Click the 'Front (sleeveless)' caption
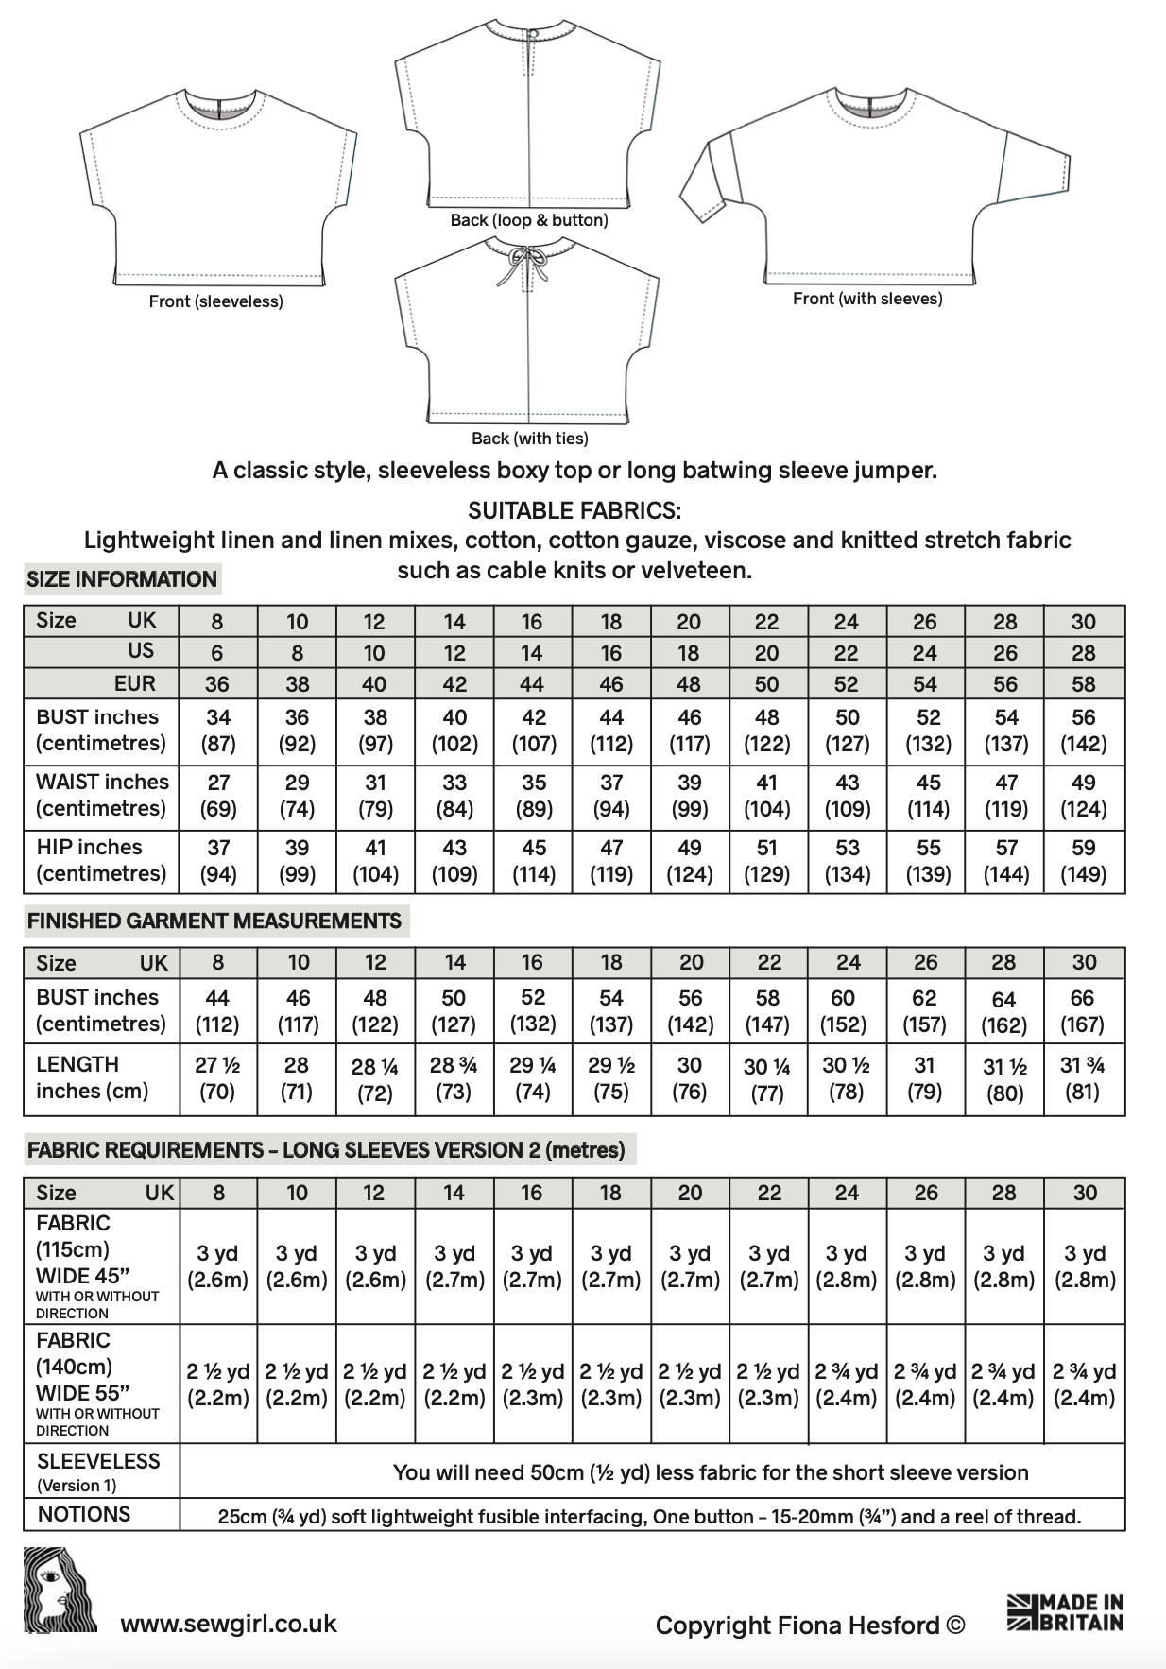pyautogui.click(x=215, y=301)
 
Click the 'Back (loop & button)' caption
pyautogui.click(x=528, y=220)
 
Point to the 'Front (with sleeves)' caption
pyautogui.click(x=866, y=299)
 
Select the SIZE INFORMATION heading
pyautogui.click(x=122, y=579)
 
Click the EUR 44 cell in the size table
pyautogui.click(x=532, y=683)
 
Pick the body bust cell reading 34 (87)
pyautogui.click(x=218, y=730)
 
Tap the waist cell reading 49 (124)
pyautogui.click(x=1083, y=795)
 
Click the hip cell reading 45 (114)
pyautogui.click(x=533, y=860)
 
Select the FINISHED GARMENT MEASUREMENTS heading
pyautogui.click(x=214, y=921)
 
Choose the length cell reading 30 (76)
pyautogui.click(x=690, y=1078)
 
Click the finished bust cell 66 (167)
pyautogui.click(x=1082, y=1010)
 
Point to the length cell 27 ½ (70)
pyautogui.click(x=217, y=1078)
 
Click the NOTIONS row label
pyautogui.click(x=84, y=1514)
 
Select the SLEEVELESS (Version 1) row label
pyautogui.click(x=98, y=1471)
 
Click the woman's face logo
pyautogui.click(x=60, y=1590)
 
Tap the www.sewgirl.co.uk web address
pyautogui.click(x=229, y=1624)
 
